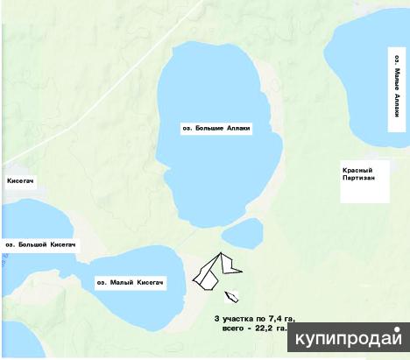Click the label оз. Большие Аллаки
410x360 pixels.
(x=215, y=128)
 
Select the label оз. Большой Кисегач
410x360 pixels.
(x=40, y=244)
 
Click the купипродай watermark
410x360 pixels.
(x=350, y=339)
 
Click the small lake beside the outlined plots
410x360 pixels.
(x=242, y=233)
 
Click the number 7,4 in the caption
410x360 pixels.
(x=275, y=316)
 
